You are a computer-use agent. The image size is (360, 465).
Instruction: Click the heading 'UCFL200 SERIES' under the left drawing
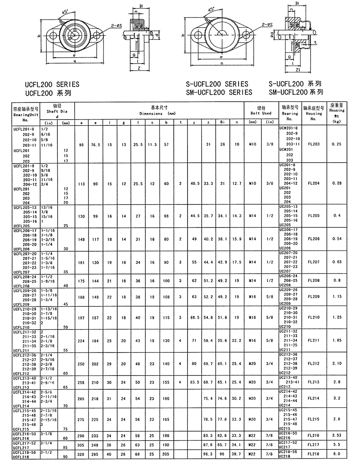(52, 84)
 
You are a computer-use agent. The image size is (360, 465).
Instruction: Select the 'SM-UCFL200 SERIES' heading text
(219, 92)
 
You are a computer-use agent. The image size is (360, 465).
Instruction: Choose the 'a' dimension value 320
(81, 454)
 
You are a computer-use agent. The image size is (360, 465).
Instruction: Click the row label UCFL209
(22, 304)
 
